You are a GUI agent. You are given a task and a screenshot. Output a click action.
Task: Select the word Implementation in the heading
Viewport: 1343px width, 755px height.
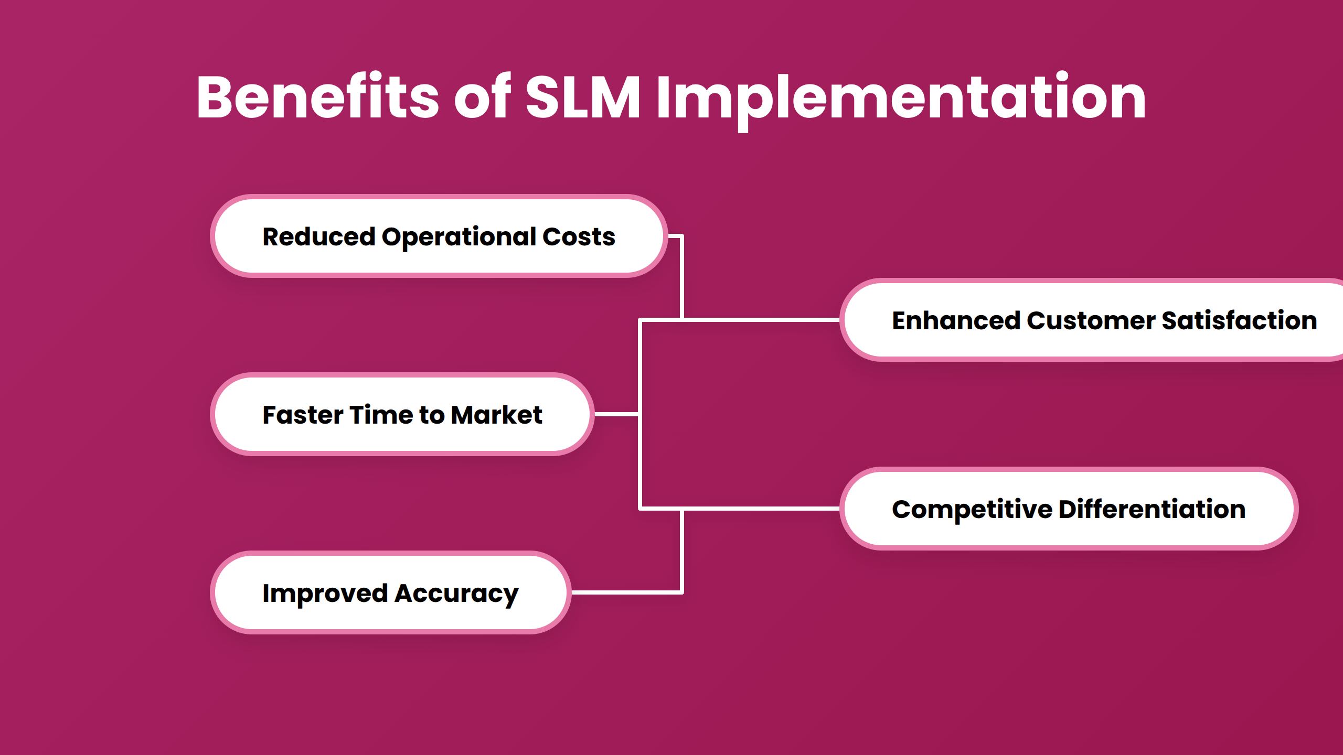(901, 99)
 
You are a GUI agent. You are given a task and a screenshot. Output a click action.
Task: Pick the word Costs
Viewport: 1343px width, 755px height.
(579, 236)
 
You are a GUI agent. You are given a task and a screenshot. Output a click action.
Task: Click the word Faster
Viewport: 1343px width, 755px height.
(303, 415)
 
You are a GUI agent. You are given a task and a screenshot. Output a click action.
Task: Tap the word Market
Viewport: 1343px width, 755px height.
(496, 415)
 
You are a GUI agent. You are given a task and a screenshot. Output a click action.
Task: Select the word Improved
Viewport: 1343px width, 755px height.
(325, 594)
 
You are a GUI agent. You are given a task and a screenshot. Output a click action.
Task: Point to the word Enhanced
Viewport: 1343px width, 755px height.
(955, 320)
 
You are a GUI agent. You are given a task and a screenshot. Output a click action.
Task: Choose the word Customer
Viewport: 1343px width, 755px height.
(1091, 320)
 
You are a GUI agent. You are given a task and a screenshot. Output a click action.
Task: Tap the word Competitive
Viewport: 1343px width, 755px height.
(972, 510)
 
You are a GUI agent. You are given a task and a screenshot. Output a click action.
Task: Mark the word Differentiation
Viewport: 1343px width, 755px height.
(1152, 509)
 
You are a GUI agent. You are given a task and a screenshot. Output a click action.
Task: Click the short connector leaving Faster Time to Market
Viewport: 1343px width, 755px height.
(616, 414)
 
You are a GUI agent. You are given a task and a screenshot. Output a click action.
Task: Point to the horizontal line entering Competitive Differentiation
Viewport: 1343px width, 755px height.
(761, 509)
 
